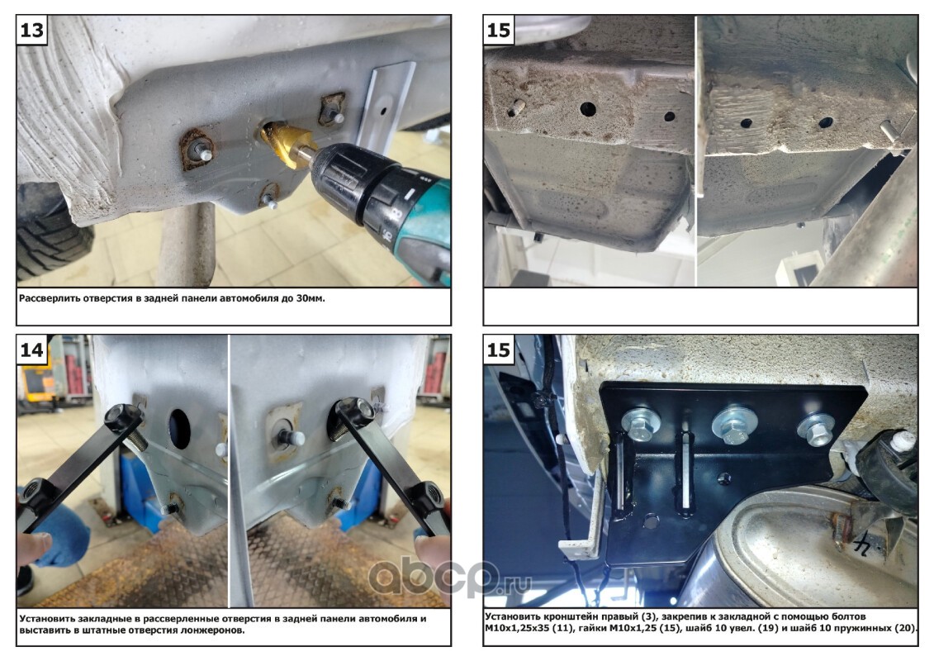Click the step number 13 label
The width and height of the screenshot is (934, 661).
pos(32,30)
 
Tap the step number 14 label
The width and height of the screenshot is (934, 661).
pos(32,350)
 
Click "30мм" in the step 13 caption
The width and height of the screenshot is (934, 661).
pos(310,298)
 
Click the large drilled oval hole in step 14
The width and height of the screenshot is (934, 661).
pos(179,427)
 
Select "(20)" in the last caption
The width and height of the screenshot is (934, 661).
pos(905,628)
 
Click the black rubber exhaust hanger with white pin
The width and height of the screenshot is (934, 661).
pos(888,465)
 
